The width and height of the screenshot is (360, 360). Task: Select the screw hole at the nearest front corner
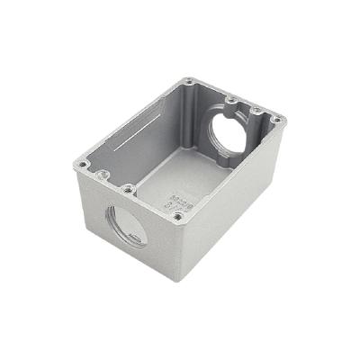[x=177, y=216]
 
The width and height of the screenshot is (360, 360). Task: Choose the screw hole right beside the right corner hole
[x=258, y=111]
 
